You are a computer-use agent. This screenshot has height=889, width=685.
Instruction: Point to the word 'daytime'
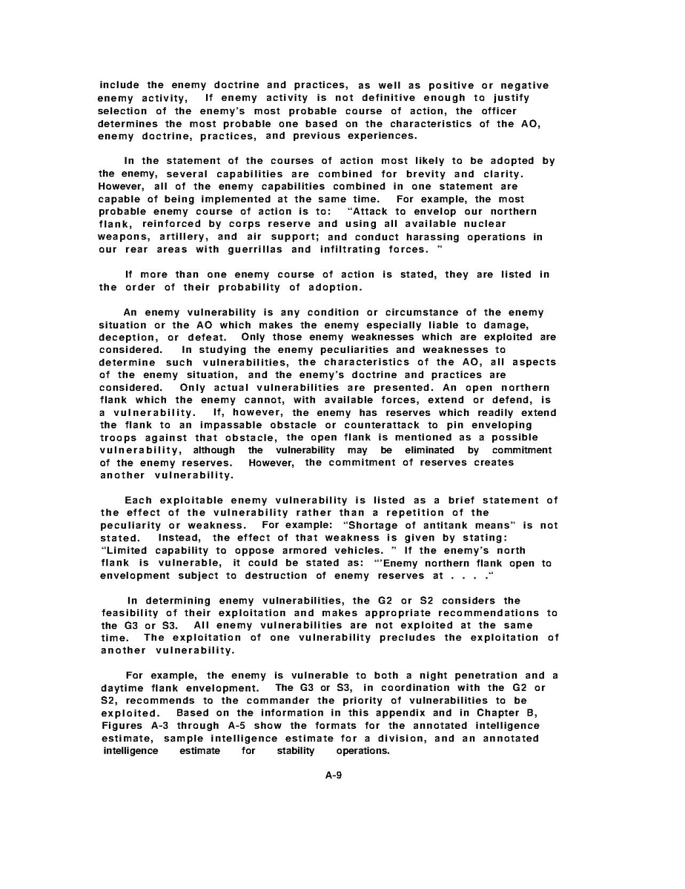[x=125, y=687]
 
